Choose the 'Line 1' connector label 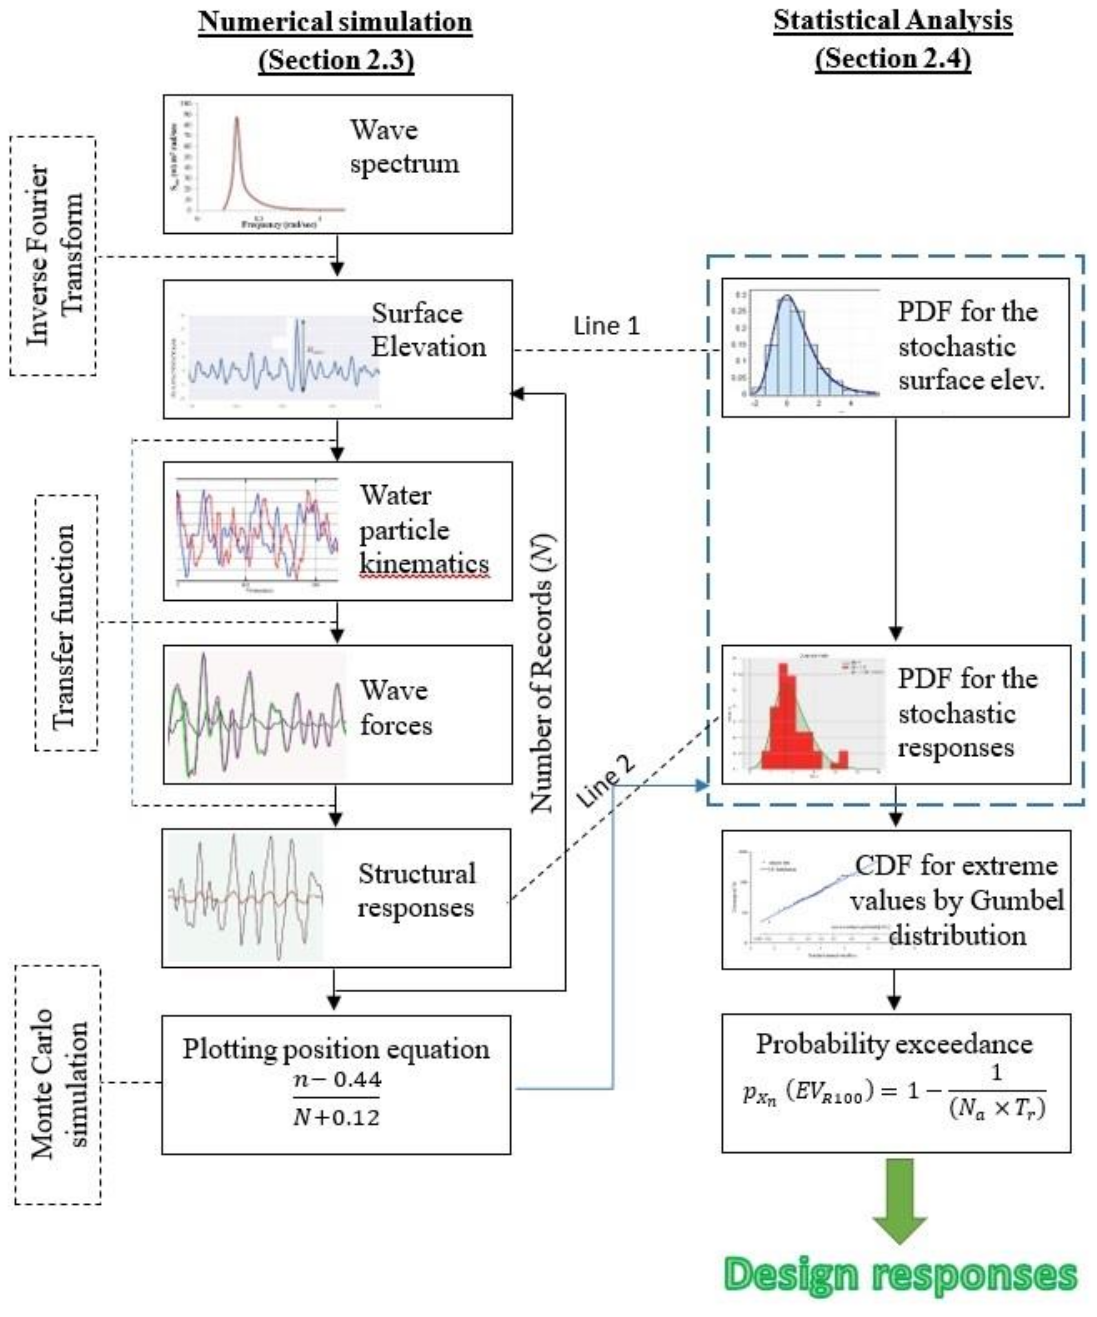pos(606,326)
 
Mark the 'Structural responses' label pos(416,891)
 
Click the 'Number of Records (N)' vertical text pos(543,674)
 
